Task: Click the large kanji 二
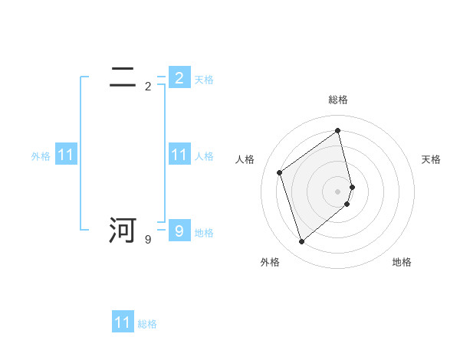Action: coord(123,77)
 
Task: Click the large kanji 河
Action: coord(123,231)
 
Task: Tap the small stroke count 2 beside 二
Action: coord(148,87)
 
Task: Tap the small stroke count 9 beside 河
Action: coord(148,240)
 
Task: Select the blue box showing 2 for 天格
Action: coord(179,77)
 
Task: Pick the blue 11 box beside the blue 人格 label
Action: coord(179,155)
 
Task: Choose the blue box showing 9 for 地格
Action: coord(179,231)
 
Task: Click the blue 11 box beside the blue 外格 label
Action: coord(66,155)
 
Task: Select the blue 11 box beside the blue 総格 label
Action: coord(123,322)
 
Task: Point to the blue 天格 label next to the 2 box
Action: coord(204,80)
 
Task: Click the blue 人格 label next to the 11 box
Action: coord(204,156)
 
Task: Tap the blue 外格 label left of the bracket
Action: coord(41,156)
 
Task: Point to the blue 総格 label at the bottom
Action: coord(147,324)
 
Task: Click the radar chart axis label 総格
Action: coord(338,100)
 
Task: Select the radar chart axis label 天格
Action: coord(432,159)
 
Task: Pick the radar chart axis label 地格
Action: coord(402,262)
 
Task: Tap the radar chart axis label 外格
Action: coord(270,262)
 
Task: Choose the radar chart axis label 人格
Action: coord(245,159)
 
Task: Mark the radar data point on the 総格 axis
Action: coord(338,130)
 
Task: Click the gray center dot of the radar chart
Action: coord(338,191)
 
